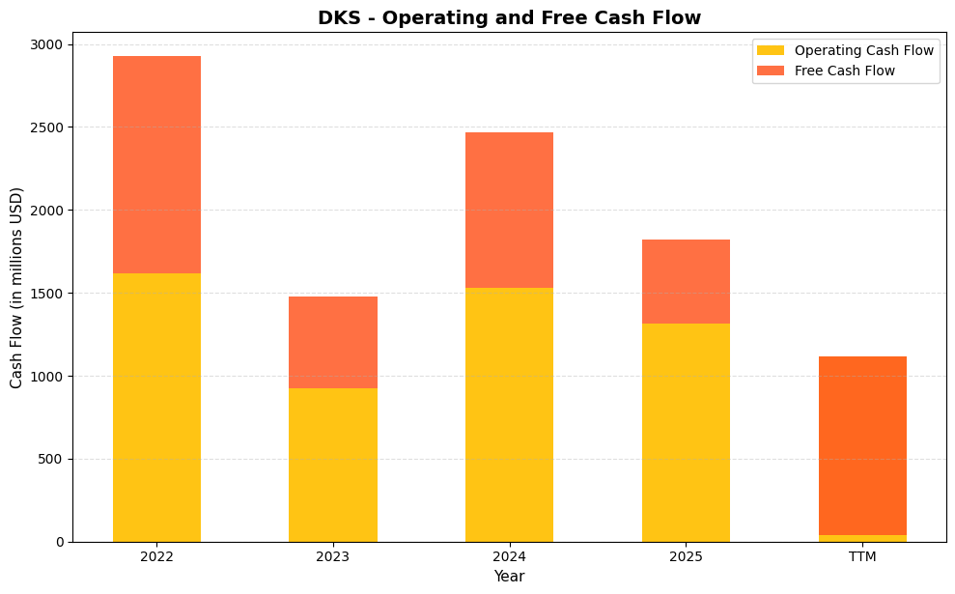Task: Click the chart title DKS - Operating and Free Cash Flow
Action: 509,17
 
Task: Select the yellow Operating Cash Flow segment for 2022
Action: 156,407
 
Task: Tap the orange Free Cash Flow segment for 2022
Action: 156,164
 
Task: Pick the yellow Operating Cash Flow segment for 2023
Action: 333,465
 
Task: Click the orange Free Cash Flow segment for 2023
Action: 333,342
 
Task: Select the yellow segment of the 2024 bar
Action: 509,414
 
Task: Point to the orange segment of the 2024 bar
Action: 509,210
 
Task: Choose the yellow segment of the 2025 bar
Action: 686,432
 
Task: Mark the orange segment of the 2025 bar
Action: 686,281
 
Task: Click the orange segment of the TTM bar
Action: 862,445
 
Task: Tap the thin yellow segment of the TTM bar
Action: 862,538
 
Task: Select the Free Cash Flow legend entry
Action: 844,71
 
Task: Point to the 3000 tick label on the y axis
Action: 45,44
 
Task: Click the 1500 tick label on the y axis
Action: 45,293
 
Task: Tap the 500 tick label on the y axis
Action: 49,459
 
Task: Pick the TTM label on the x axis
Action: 862,556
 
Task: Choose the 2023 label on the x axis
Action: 333,556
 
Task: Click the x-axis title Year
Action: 509,577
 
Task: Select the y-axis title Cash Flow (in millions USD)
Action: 16,288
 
